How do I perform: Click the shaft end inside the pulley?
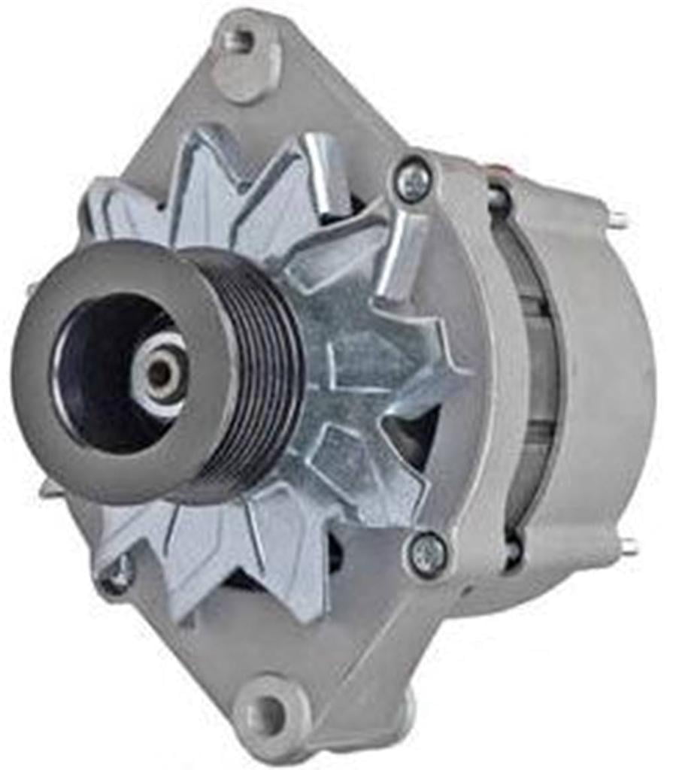(x=159, y=372)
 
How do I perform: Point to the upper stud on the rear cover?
(x=618, y=220)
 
